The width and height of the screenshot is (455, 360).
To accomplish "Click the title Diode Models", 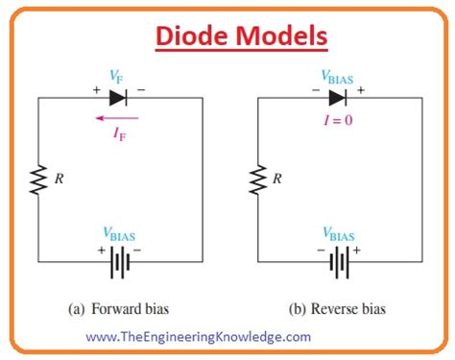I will [227, 36].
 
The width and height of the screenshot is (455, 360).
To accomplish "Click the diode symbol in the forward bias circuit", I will [118, 97].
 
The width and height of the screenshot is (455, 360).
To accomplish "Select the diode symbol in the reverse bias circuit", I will [339, 97].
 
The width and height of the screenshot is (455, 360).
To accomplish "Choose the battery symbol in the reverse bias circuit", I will [339, 260].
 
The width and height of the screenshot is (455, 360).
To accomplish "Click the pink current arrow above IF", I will [118, 118].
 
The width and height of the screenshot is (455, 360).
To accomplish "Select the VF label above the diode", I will [118, 76].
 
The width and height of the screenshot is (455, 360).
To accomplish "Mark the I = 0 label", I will [339, 119].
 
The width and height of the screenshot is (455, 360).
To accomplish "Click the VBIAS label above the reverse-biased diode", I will [339, 76].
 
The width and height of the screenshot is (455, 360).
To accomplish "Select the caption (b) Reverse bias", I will [338, 309].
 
